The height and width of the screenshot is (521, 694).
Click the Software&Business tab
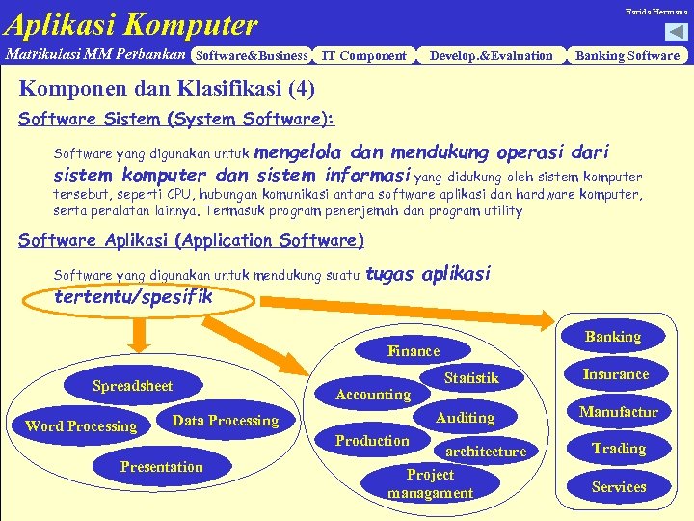(x=251, y=56)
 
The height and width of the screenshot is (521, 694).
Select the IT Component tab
(x=363, y=56)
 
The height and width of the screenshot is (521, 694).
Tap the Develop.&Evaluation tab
(x=492, y=56)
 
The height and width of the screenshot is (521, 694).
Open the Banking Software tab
(x=627, y=56)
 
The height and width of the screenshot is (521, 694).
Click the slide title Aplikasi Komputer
(x=131, y=23)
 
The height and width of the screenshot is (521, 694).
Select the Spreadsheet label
(x=133, y=386)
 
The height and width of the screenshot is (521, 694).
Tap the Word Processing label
(x=81, y=426)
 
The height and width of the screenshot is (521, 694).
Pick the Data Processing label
(x=225, y=421)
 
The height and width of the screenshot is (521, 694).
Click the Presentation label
(x=162, y=467)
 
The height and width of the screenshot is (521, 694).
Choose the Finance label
(x=414, y=351)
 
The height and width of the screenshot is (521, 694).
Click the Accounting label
(x=373, y=394)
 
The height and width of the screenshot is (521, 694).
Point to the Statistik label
(x=471, y=378)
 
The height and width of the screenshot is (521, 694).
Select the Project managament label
(x=430, y=484)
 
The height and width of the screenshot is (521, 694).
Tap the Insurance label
(x=616, y=374)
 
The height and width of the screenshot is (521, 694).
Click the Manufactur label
(x=618, y=412)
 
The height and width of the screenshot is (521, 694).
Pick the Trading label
(x=619, y=449)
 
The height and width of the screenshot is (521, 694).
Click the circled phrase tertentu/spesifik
(x=134, y=297)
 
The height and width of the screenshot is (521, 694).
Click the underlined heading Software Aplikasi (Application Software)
(x=192, y=241)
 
